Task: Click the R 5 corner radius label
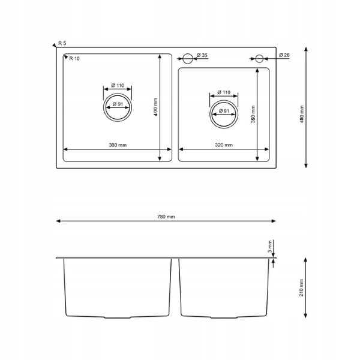62,43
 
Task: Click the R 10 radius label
74,59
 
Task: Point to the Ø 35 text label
202,55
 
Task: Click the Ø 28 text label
284,55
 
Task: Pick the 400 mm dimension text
155,107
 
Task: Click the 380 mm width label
118,145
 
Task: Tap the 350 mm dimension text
253,115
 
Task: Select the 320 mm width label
224,145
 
